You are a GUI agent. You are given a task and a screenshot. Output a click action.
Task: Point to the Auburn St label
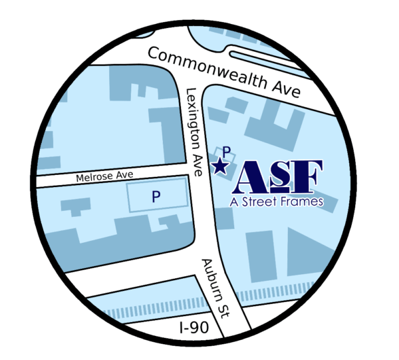click(x=215, y=287)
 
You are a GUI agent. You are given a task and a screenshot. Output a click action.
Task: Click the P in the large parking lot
click(x=156, y=196)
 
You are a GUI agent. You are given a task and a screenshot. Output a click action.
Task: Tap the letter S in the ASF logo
click(x=281, y=176)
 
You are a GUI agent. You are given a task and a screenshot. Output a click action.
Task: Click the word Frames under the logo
click(x=299, y=201)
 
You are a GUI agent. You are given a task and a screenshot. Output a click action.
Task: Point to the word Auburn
click(x=211, y=278)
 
